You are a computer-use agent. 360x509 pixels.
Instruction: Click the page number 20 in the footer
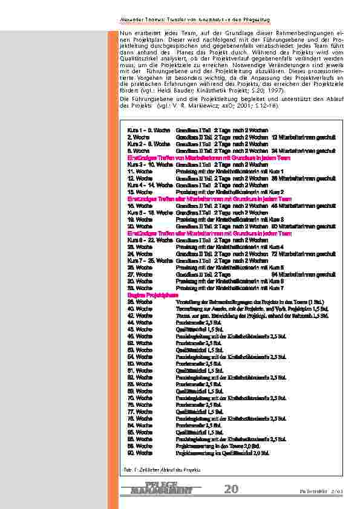click(x=231, y=489)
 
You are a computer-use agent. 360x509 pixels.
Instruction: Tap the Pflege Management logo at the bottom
click(x=162, y=488)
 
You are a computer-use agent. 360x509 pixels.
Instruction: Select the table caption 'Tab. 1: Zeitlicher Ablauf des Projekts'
click(x=158, y=469)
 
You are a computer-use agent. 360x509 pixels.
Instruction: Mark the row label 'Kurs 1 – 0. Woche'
click(x=149, y=131)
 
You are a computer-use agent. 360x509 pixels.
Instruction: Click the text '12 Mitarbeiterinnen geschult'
click(x=304, y=137)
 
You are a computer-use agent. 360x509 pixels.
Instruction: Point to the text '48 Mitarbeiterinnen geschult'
click(x=304, y=206)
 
